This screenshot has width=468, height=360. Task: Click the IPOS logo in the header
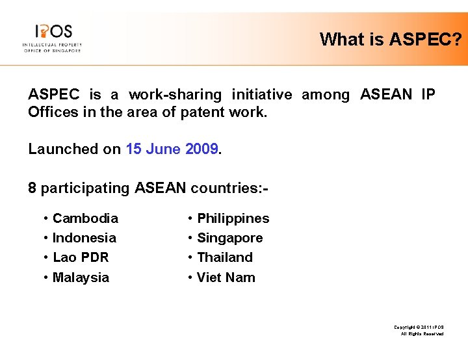click(x=51, y=38)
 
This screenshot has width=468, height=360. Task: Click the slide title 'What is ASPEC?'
click(x=391, y=40)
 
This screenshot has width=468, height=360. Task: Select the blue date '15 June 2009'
click(x=173, y=149)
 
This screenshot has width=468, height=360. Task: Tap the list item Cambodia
click(x=85, y=218)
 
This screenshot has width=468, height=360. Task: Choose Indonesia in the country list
click(x=84, y=238)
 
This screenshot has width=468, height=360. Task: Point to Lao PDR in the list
click(x=81, y=257)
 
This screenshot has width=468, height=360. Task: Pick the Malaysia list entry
click(x=81, y=277)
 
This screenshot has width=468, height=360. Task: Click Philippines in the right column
click(x=233, y=218)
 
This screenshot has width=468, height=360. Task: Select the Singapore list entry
click(x=229, y=238)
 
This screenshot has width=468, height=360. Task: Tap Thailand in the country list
click(x=224, y=257)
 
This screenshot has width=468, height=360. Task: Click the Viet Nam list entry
click(x=226, y=277)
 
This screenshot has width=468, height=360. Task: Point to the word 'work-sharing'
click(x=174, y=95)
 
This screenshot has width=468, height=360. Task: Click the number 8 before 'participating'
click(x=32, y=188)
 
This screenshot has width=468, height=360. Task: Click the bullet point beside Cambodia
click(x=45, y=219)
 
